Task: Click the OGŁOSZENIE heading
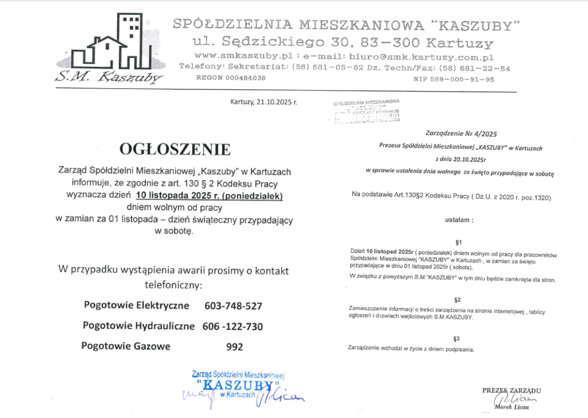tap(175, 150)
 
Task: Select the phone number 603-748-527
tap(233, 306)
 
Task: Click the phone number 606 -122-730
tap(233, 326)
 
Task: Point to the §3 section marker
tap(458, 338)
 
